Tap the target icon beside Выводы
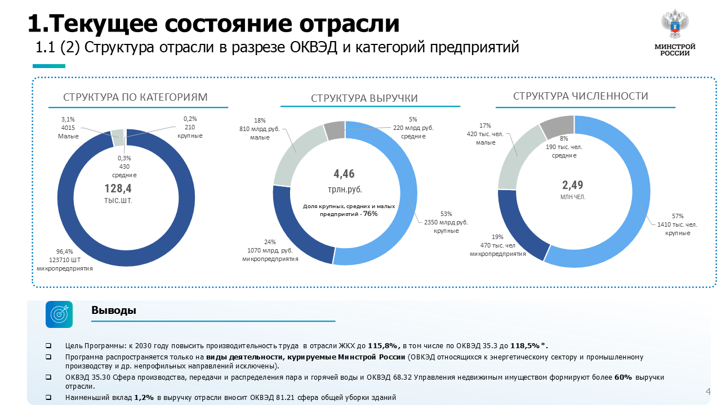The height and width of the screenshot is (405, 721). [x=59, y=314]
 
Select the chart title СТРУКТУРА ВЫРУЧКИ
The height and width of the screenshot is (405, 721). [x=364, y=98]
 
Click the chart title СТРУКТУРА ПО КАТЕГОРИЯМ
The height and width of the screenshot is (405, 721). [x=135, y=97]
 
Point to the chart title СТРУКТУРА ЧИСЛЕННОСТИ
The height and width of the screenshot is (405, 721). [x=581, y=96]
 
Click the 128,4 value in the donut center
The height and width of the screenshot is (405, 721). [x=118, y=188]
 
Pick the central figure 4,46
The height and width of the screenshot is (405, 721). [x=345, y=174]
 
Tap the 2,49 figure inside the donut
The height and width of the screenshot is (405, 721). [x=573, y=184]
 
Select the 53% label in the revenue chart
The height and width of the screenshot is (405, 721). [x=446, y=214]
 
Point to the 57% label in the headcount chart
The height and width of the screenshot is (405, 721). [x=677, y=216]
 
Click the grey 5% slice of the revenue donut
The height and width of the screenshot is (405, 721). [x=335, y=130]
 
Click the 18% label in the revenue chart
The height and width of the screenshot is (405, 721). [x=260, y=120]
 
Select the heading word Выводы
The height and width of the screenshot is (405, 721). [x=114, y=310]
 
